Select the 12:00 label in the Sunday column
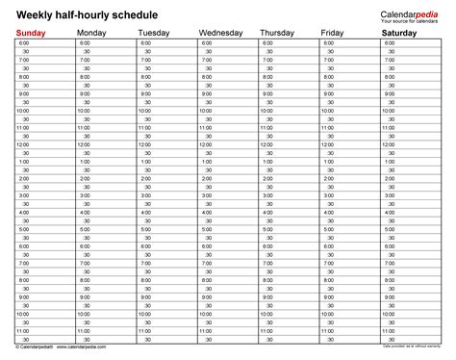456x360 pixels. click(x=23, y=144)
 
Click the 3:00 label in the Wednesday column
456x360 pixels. click(x=207, y=195)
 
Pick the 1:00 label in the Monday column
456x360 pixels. click(x=85, y=161)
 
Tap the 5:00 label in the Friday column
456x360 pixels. click(x=329, y=229)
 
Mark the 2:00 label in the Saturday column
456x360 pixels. click(x=391, y=178)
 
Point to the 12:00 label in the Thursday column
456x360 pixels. click(x=267, y=144)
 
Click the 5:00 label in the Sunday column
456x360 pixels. click(x=23, y=229)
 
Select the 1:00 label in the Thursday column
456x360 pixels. click(x=268, y=161)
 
